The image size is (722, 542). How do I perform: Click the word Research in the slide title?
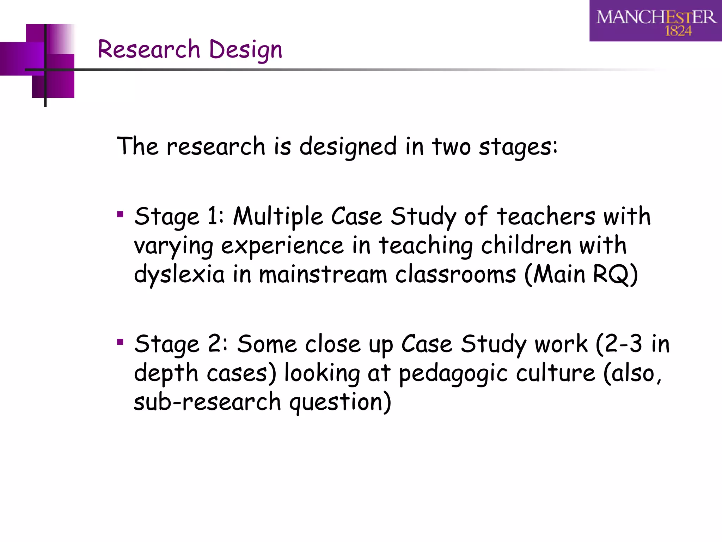(x=149, y=49)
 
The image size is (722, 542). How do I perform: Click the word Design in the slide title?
(x=246, y=50)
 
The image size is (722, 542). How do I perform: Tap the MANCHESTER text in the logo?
(x=656, y=17)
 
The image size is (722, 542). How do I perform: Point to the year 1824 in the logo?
(x=678, y=31)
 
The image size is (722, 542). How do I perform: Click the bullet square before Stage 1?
(x=120, y=214)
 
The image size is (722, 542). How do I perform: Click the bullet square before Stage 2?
(x=120, y=342)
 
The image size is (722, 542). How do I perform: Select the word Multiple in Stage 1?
(x=278, y=216)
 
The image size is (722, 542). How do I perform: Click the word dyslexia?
(x=179, y=275)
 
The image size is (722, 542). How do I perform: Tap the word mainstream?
(x=323, y=275)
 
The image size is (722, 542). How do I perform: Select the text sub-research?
(x=207, y=402)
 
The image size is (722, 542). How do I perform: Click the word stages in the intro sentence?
(x=518, y=147)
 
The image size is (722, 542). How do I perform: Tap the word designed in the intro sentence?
(x=348, y=147)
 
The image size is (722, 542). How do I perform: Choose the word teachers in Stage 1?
(x=546, y=216)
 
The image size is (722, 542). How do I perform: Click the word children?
(x=526, y=245)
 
